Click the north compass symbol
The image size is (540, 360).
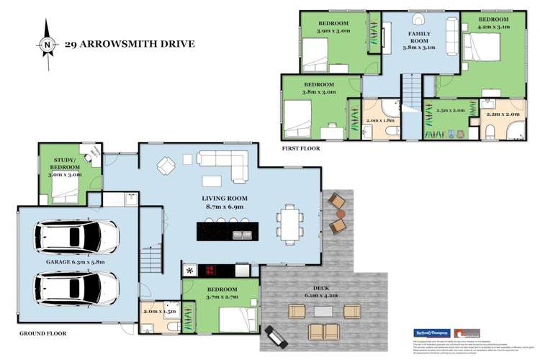pos(47,44)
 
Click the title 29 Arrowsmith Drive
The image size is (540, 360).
pos(129,44)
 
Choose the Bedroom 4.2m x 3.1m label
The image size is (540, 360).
pos(494,24)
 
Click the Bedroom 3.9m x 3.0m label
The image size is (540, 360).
pos(333,27)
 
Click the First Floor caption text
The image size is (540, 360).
pos(301,148)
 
